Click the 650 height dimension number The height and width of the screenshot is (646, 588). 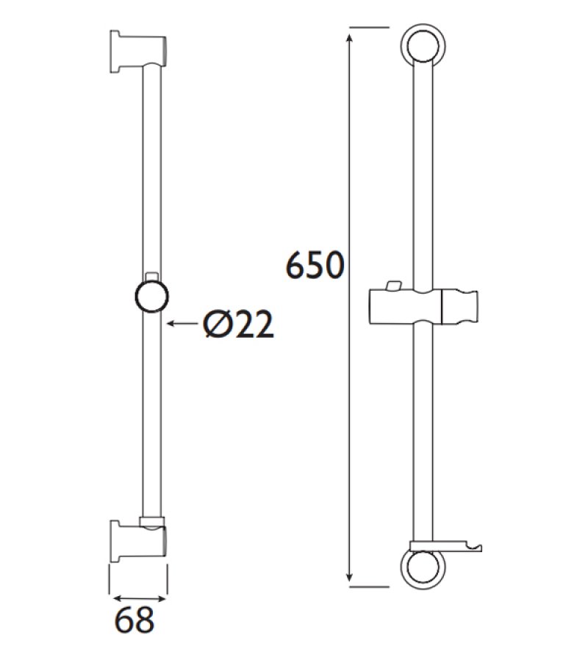pyautogui.click(x=315, y=266)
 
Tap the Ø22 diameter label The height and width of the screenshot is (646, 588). pyautogui.click(x=239, y=324)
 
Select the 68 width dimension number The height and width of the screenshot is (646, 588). pyautogui.click(x=136, y=620)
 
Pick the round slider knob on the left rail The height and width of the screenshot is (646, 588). pyautogui.click(x=152, y=298)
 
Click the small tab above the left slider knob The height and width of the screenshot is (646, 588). pyautogui.click(x=152, y=275)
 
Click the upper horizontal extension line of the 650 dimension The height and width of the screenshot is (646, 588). pyautogui.click(x=367, y=28)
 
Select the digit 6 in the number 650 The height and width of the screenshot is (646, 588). pyautogui.click(x=296, y=266)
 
